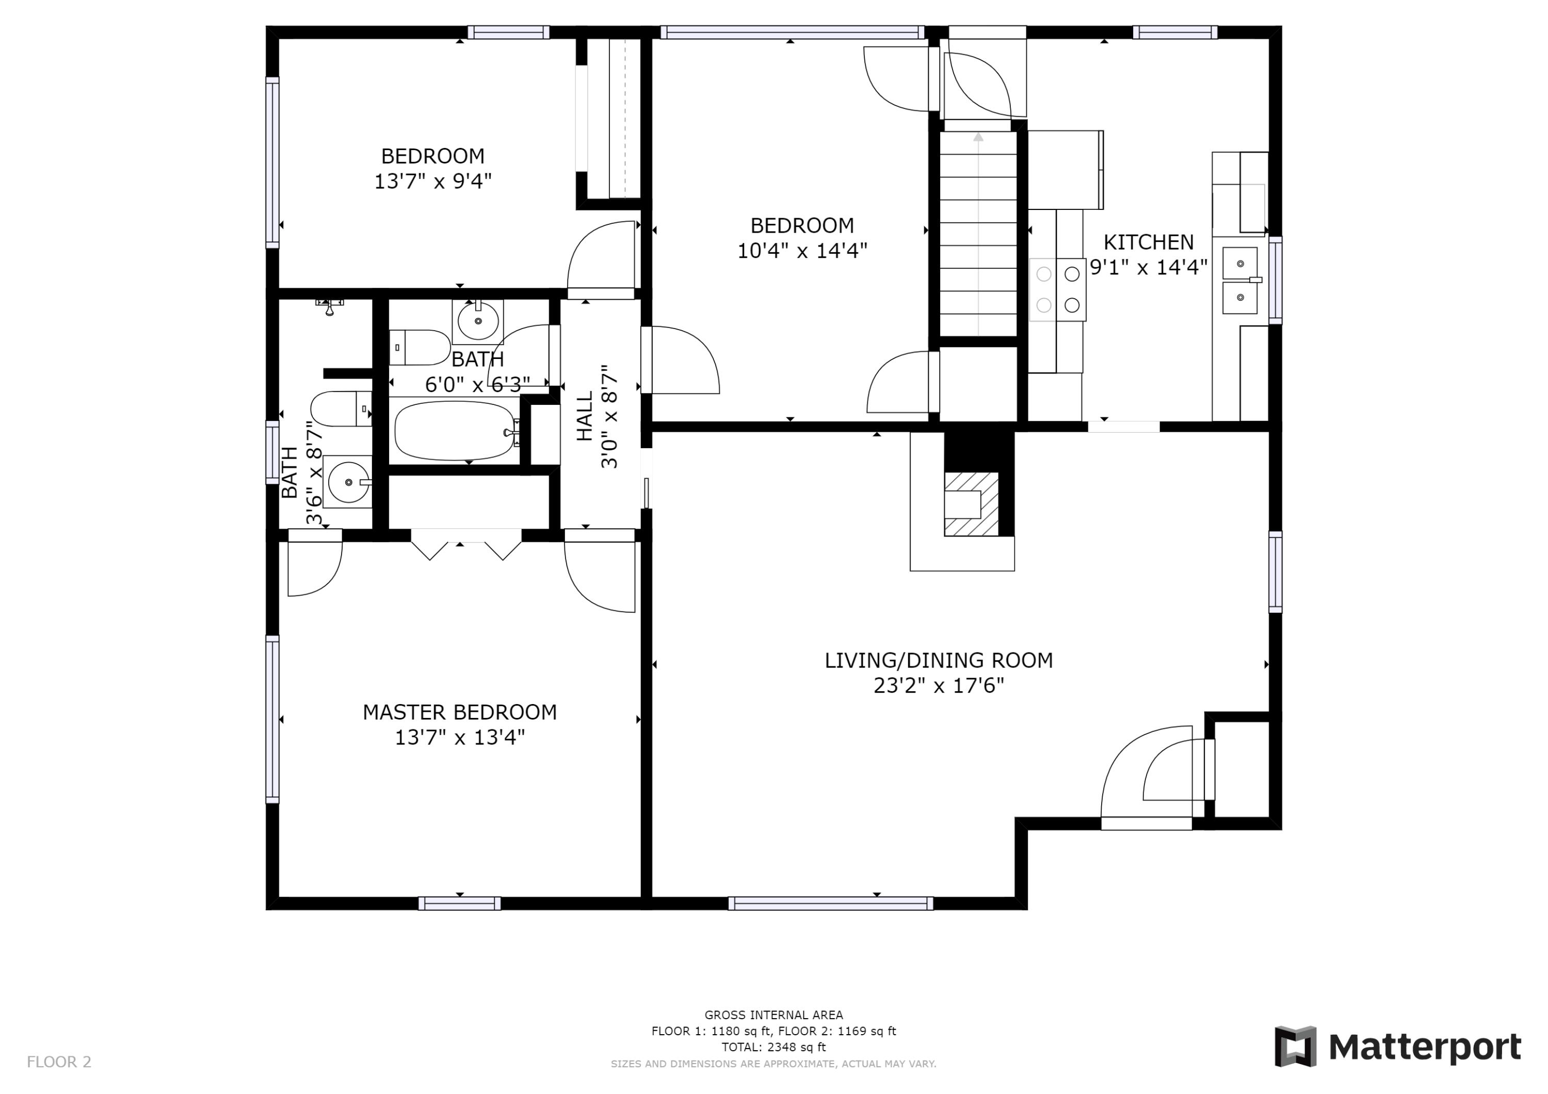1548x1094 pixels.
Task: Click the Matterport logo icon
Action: [1295, 1047]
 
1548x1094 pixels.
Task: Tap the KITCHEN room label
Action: [1148, 242]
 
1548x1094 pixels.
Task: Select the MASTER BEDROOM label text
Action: [460, 712]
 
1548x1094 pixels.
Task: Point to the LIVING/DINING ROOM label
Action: [939, 661]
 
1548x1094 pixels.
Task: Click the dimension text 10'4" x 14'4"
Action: [802, 251]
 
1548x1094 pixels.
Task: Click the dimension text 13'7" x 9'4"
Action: [433, 182]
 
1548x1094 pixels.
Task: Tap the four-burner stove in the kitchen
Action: [1057, 289]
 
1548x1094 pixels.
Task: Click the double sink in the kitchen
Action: [1240, 281]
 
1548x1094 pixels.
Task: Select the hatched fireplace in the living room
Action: [972, 503]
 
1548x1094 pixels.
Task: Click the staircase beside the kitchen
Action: [978, 233]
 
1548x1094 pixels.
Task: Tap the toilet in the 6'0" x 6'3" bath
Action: [420, 348]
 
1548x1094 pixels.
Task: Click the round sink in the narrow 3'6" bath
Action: [348, 481]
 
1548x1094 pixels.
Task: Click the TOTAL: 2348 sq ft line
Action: [773, 1048]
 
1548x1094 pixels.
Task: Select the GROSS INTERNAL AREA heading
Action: [773, 1015]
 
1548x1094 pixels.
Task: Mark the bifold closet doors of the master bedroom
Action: [466, 545]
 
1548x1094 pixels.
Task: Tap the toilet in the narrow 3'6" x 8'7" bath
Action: [341, 409]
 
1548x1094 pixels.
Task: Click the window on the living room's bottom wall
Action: [831, 904]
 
